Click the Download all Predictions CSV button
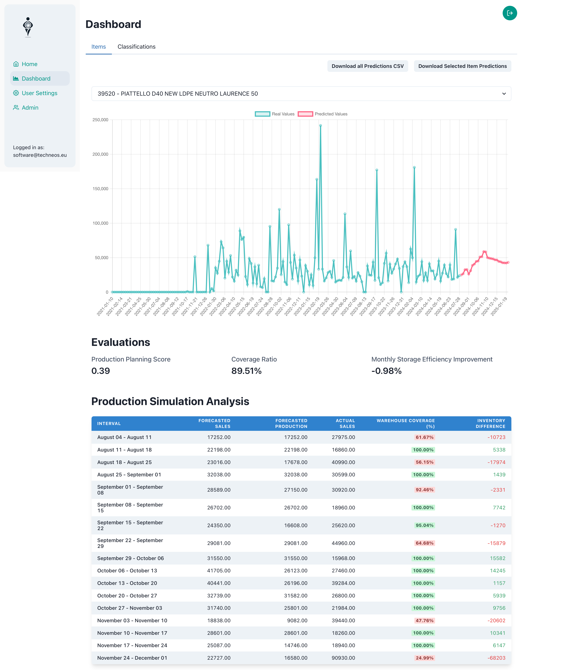point(367,66)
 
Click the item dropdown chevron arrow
point(504,94)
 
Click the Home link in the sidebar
point(29,64)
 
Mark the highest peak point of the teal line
point(320,125)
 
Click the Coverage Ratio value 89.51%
point(246,371)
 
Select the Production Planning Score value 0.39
point(101,371)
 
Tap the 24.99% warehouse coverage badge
point(424,658)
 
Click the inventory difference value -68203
point(496,658)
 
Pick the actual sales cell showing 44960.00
point(343,543)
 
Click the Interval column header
point(109,423)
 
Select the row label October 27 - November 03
point(129,608)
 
